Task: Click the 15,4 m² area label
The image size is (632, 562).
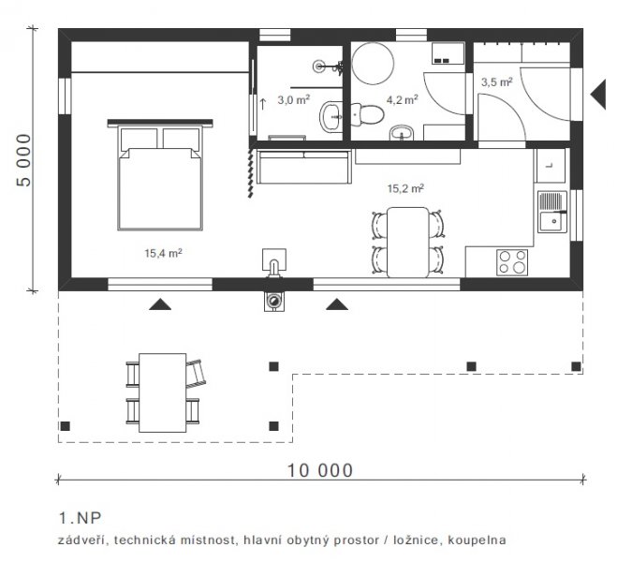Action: pyautogui.click(x=163, y=253)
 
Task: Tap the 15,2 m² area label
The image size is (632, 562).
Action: pyautogui.click(x=405, y=188)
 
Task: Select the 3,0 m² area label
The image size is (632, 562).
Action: pyautogui.click(x=293, y=99)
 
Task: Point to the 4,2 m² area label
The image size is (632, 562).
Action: pyautogui.click(x=403, y=99)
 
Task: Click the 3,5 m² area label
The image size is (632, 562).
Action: pyautogui.click(x=496, y=82)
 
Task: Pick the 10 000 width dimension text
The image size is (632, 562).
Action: pyautogui.click(x=319, y=470)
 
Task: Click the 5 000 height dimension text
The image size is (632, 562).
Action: pyautogui.click(x=23, y=160)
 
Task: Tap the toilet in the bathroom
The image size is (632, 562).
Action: pyautogui.click(x=367, y=114)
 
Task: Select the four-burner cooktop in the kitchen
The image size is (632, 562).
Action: pyautogui.click(x=512, y=262)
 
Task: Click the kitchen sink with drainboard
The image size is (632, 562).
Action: pyautogui.click(x=552, y=212)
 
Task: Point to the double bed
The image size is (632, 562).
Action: pyautogui.click(x=160, y=175)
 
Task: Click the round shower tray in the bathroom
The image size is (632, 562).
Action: pyautogui.click(x=373, y=64)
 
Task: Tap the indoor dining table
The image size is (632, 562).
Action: pyautogui.click(x=408, y=243)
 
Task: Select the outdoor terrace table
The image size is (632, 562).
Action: pyautogui.click(x=162, y=392)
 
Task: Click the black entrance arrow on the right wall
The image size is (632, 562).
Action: pyautogui.click(x=598, y=95)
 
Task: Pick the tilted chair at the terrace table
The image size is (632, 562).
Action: pyautogui.click(x=197, y=374)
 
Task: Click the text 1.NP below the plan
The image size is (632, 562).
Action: pyautogui.click(x=81, y=518)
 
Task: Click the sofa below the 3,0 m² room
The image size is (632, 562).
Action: pyautogui.click(x=304, y=167)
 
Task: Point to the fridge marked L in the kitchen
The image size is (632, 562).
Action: pyautogui.click(x=551, y=165)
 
